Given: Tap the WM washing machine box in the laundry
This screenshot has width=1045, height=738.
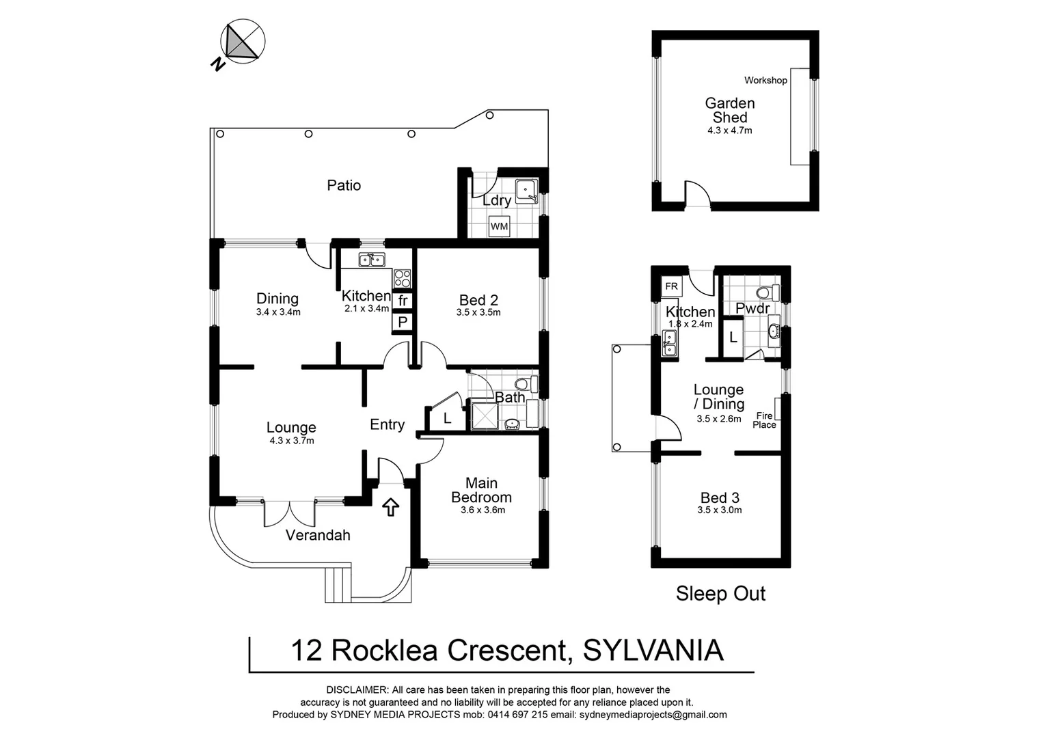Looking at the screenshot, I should (x=499, y=226).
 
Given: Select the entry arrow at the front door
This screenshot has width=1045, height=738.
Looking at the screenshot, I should (x=390, y=507).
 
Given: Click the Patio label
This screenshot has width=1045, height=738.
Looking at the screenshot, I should (x=344, y=185).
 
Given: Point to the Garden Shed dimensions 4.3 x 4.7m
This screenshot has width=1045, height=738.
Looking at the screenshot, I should (x=729, y=131).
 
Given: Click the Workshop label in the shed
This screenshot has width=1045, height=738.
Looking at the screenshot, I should (x=765, y=81).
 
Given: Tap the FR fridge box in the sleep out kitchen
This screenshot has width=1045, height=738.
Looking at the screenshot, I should (x=672, y=286).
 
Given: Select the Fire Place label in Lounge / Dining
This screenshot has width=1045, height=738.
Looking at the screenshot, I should (x=764, y=420).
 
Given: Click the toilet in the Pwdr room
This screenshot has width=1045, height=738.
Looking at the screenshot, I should (x=771, y=292).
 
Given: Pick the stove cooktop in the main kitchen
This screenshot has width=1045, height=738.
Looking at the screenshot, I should (x=403, y=278).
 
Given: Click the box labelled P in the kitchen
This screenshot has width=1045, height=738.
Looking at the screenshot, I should (x=403, y=322).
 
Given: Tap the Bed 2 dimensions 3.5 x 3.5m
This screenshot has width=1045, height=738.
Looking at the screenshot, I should (x=478, y=313).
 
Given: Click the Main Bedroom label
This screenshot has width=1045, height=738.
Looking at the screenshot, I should (x=481, y=491).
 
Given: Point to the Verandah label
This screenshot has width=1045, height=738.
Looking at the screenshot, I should (x=318, y=535).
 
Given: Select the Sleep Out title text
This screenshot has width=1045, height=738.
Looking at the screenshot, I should (x=720, y=594).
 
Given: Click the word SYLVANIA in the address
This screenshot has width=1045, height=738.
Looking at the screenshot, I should (x=653, y=651).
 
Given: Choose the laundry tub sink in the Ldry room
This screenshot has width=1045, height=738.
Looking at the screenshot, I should (x=526, y=191).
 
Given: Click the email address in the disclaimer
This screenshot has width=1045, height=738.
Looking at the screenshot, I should (x=653, y=715).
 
